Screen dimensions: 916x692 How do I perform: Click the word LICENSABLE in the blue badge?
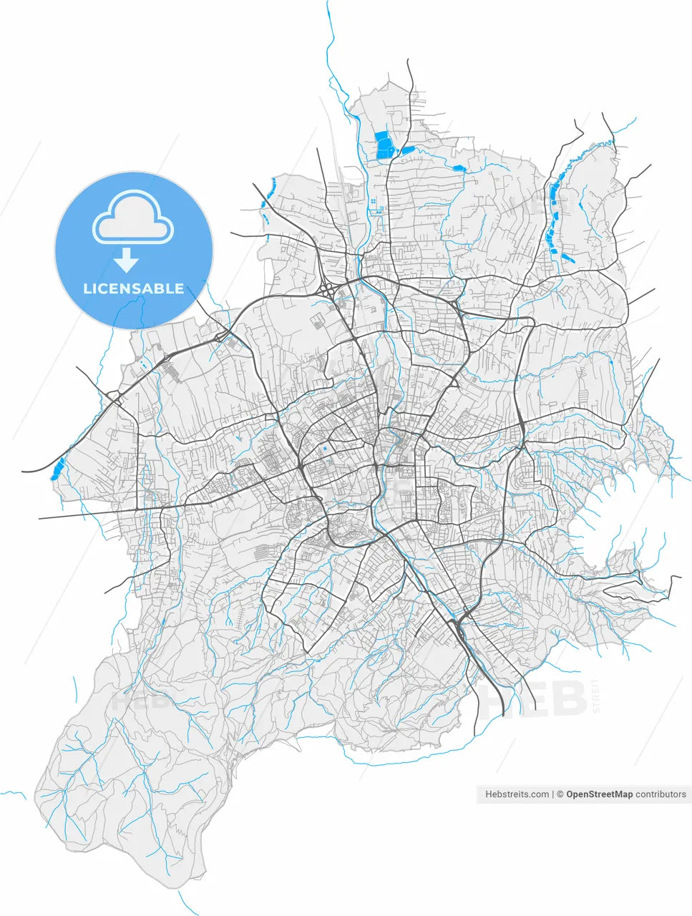coord(134,288)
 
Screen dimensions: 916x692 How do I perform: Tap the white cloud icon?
coord(133,220)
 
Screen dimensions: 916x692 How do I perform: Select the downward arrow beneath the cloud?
coord(127,260)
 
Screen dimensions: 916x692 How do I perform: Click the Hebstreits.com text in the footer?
coord(517,794)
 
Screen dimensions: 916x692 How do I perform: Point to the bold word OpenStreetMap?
coord(599,794)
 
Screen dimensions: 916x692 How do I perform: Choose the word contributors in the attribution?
coord(661,794)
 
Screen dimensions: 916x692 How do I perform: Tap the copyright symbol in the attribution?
coord(560,794)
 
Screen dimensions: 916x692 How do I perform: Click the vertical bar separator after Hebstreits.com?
coord(553,794)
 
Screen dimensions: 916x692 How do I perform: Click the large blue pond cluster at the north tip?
coord(385,145)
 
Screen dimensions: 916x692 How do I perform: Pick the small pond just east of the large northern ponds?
coord(407,150)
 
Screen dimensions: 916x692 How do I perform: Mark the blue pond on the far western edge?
coord(57,469)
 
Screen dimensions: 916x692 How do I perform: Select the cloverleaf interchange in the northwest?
coord(326,290)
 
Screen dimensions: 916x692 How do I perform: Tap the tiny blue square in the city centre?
coord(323,449)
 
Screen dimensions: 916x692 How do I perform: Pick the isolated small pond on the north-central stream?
coord(458,168)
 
